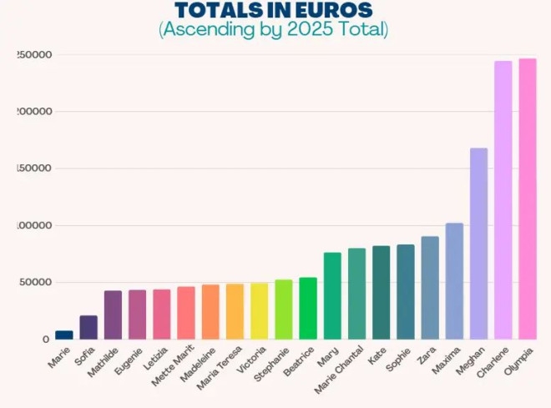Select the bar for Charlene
[x=503, y=200]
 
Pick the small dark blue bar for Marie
[x=64, y=335]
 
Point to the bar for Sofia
[x=88, y=327]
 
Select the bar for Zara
[x=430, y=288]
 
